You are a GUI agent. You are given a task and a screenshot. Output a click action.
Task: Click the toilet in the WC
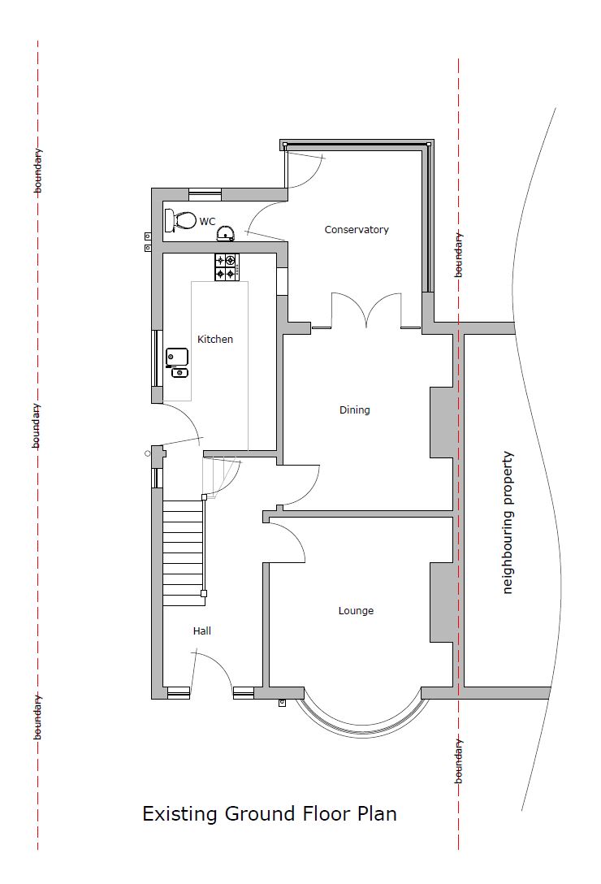click(179, 220)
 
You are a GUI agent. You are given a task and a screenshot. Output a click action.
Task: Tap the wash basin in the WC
click(226, 233)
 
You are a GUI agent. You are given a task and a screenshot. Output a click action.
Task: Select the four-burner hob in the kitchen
click(227, 267)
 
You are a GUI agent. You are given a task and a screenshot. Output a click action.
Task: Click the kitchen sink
click(177, 362)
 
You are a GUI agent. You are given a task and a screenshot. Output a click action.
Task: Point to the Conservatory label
click(357, 229)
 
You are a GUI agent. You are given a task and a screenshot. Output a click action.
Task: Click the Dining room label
click(355, 409)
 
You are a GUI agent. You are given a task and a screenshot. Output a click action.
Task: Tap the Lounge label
click(356, 610)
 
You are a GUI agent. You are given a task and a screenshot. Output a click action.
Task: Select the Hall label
click(202, 630)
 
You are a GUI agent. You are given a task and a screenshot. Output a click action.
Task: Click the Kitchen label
click(214, 339)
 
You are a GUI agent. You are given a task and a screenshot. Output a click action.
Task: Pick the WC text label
click(207, 222)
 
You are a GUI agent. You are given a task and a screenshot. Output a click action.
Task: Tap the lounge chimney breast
click(442, 602)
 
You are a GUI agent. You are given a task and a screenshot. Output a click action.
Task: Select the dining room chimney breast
click(442, 422)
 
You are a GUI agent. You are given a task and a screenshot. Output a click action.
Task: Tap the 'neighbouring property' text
click(508, 522)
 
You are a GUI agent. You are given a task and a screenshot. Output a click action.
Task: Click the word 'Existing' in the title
click(179, 813)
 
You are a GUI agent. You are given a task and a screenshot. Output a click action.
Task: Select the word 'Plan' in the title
click(377, 813)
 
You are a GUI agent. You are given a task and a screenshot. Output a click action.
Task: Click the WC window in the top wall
click(205, 194)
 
